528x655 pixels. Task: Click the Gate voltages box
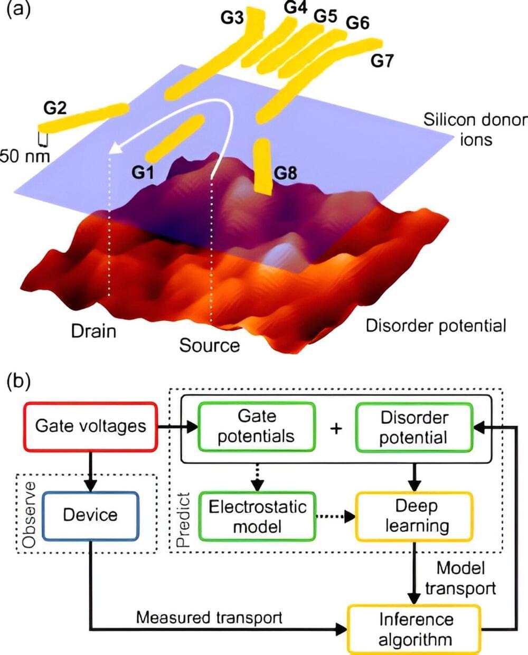91,426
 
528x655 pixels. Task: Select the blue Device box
90,516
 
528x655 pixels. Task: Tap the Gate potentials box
257,426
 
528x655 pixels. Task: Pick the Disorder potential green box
414,428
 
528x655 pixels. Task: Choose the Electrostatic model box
257,516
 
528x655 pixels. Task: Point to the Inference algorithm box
414,629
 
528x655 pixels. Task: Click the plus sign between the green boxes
336,428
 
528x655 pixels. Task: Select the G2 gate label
55,108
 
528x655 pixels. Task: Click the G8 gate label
285,173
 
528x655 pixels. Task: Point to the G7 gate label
382,61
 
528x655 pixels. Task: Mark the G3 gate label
232,18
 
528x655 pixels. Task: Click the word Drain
93,331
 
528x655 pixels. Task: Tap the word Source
209,345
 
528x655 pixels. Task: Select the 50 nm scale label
25,156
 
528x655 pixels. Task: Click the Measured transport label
209,617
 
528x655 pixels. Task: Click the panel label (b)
18,381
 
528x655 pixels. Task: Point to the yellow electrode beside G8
262,166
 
